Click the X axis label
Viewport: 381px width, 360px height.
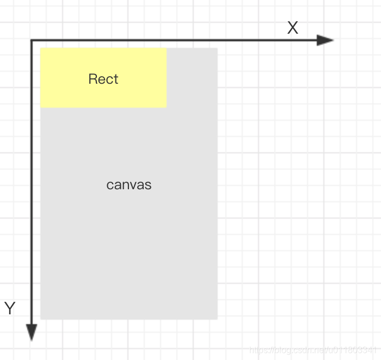point(293,28)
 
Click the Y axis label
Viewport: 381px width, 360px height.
point(10,308)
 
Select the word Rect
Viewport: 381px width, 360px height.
point(103,79)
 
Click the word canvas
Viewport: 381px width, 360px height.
point(129,185)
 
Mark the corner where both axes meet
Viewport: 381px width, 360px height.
point(32,40)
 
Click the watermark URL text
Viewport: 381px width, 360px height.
point(312,349)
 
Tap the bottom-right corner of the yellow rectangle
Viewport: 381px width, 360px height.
point(166,107)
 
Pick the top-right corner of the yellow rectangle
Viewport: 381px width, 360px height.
point(166,48)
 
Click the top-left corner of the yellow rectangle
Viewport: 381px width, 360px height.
point(41,48)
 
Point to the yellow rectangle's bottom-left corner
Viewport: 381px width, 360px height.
point(41,107)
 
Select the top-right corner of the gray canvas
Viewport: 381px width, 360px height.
point(217,48)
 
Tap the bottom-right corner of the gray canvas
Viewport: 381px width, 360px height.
point(217,319)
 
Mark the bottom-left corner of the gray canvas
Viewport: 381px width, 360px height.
point(41,319)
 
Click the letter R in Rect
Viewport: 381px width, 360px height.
point(93,79)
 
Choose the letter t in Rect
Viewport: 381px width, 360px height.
point(115,79)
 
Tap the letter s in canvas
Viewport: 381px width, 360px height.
point(149,185)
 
